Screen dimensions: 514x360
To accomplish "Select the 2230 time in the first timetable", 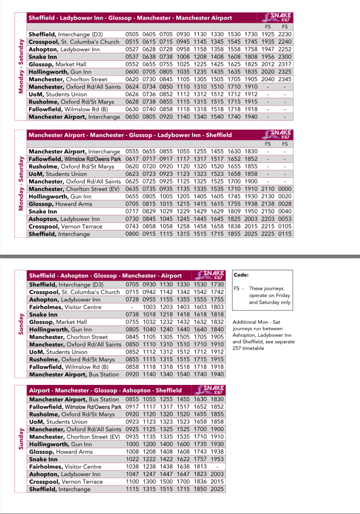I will (285, 34).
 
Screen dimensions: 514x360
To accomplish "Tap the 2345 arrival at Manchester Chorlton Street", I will (285, 79).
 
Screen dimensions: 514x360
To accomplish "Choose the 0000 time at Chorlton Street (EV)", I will (285, 189).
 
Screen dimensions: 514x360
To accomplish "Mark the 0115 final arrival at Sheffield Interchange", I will (285, 234).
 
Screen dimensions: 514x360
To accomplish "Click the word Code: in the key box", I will (242, 275).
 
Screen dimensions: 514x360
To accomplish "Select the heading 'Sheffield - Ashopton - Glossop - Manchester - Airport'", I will (105, 276).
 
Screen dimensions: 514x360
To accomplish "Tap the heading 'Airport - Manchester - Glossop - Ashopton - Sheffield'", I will (105, 390).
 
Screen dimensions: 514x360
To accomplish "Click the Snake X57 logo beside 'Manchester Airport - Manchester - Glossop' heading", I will (278, 134).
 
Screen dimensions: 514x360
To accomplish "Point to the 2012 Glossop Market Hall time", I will (268, 64).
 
